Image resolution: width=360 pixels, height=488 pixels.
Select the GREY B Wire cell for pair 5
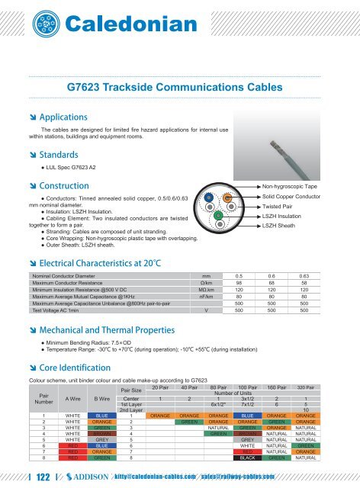pyautogui.click(x=101, y=439)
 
